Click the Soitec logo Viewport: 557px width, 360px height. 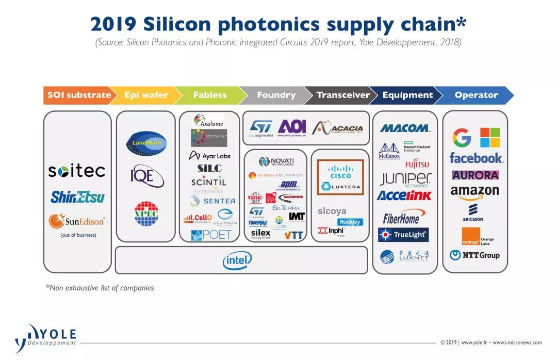(76, 171)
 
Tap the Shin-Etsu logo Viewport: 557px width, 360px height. (77, 197)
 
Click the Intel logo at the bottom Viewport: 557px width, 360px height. (237, 260)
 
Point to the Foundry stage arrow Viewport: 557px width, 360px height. (276, 95)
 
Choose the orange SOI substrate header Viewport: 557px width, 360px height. (79, 95)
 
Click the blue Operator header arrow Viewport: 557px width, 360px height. (476, 95)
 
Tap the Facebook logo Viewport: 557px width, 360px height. (476, 158)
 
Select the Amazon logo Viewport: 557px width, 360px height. (474, 191)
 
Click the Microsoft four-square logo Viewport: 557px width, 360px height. (490, 138)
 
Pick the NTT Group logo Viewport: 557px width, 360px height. (474, 255)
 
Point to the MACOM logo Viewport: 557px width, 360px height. (405, 128)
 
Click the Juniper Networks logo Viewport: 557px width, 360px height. (405, 179)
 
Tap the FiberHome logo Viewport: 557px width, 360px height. (401, 218)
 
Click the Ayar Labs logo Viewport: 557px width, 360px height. (209, 155)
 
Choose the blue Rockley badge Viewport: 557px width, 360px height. (350, 222)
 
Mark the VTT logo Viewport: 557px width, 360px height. (294, 235)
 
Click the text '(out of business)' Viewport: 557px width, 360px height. (78, 235)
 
